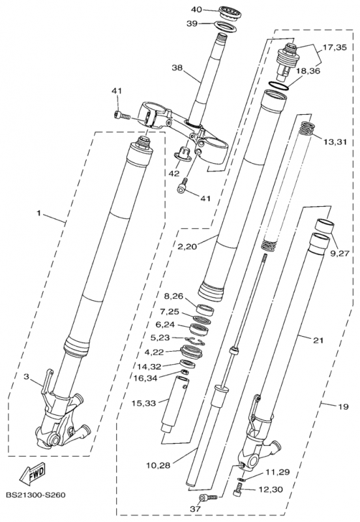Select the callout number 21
click(x=318, y=339)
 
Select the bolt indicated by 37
click(x=209, y=498)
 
